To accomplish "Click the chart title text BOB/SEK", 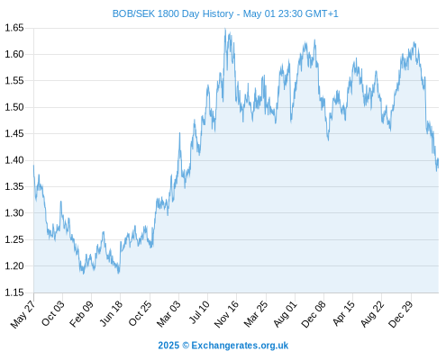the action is pos(133,13).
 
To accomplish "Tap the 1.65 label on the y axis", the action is pos(14,28).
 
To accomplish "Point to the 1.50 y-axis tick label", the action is pos(14,107).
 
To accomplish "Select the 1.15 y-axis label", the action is pos(14,292).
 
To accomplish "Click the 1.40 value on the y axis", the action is pos(14,160).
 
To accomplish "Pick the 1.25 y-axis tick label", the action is pos(14,239).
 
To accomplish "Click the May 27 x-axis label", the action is pos(23,314).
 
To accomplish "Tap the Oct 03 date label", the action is pos(52,313).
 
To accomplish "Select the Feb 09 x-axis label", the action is pos(81,313).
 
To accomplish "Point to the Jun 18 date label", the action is pos(111,313).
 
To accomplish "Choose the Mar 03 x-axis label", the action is pos(168,313).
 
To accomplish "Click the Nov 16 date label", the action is pos(226,314).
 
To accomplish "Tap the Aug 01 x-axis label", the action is pos(285,314).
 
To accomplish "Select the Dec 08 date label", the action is pos(314,314).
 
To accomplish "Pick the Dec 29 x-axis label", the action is pos(401,314).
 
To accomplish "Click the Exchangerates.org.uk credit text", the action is pos(240,346).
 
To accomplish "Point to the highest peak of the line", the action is pos(225,29).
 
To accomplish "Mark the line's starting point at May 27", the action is pos(33,166).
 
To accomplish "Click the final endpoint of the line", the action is pos(439,159).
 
